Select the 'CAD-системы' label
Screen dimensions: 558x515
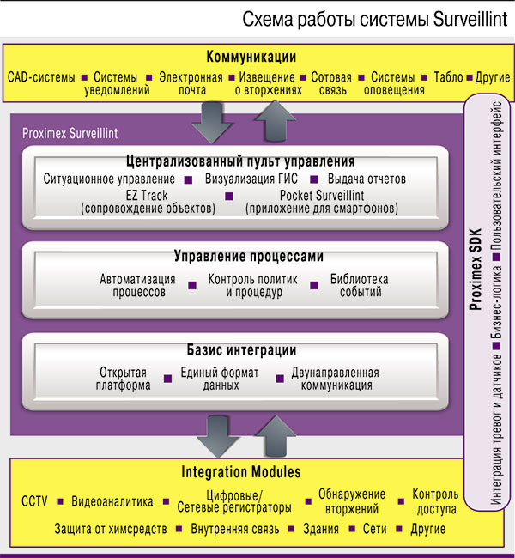[40, 77]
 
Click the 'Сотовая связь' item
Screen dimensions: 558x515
[331, 83]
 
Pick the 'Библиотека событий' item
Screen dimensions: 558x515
[360, 286]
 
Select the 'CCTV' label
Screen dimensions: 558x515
[34, 501]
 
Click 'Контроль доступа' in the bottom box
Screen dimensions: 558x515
[434, 501]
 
